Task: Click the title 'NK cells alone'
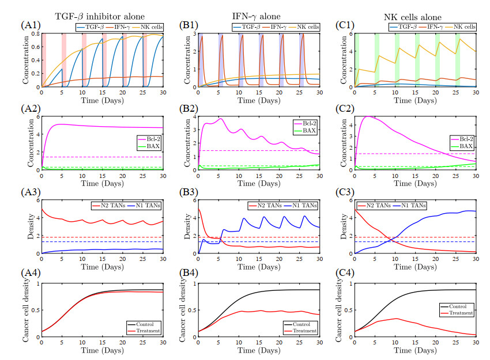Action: click(413, 10)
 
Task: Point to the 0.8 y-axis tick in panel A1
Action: click(34, 34)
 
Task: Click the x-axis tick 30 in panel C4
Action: click(476, 343)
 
